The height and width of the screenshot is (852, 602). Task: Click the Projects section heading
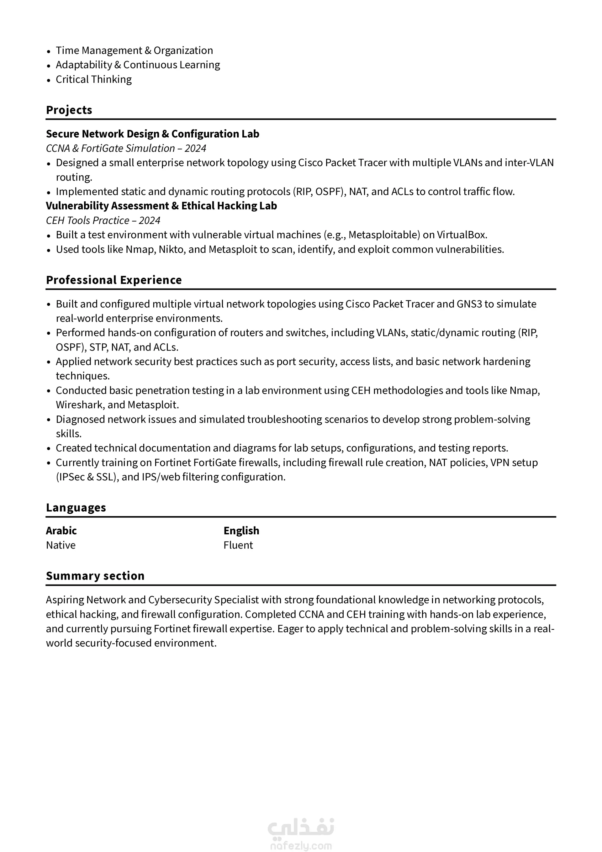click(69, 110)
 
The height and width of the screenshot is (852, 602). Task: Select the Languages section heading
click(76, 507)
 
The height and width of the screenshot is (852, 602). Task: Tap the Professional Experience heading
click(114, 280)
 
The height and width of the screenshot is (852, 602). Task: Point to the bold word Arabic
click(61, 531)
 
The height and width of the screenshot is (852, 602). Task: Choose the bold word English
click(241, 531)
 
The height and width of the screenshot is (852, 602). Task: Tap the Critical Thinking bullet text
click(93, 79)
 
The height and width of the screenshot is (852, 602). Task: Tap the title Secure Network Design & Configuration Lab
click(153, 134)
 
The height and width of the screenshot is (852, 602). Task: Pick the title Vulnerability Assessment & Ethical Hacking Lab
click(161, 206)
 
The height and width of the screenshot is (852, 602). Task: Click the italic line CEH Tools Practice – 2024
click(103, 220)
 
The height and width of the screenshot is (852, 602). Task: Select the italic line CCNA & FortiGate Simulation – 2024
click(126, 148)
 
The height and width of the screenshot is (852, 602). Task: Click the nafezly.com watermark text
click(301, 846)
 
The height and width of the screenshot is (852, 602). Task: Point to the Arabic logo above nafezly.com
click(301, 828)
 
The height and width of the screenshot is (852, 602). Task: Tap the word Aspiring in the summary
click(65, 600)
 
